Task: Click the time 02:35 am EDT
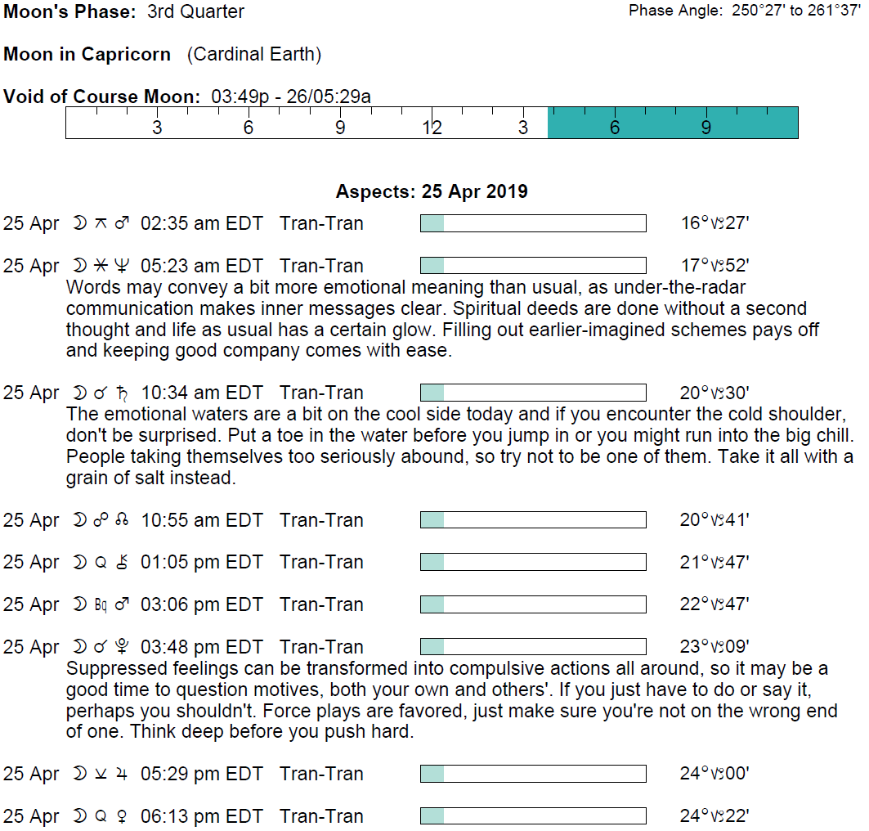[201, 223]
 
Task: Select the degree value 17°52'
[714, 266]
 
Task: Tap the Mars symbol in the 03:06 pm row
[123, 604]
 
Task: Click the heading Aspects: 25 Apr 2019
[432, 192]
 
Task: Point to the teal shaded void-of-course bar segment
[672, 123]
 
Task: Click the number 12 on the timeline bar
[432, 128]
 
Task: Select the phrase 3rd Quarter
[195, 12]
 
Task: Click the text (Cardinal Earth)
[253, 55]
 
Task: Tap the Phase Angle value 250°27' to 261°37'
[797, 11]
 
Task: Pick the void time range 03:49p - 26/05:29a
[291, 97]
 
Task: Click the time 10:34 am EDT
[201, 393]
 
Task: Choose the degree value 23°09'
[714, 647]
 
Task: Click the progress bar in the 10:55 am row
[533, 520]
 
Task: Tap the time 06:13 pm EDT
[201, 816]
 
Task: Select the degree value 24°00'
[714, 774]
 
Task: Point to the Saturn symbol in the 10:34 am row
[123, 393]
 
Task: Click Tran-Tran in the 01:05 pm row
[321, 563]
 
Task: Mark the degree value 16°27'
[714, 223]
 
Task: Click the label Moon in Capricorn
[87, 55]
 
